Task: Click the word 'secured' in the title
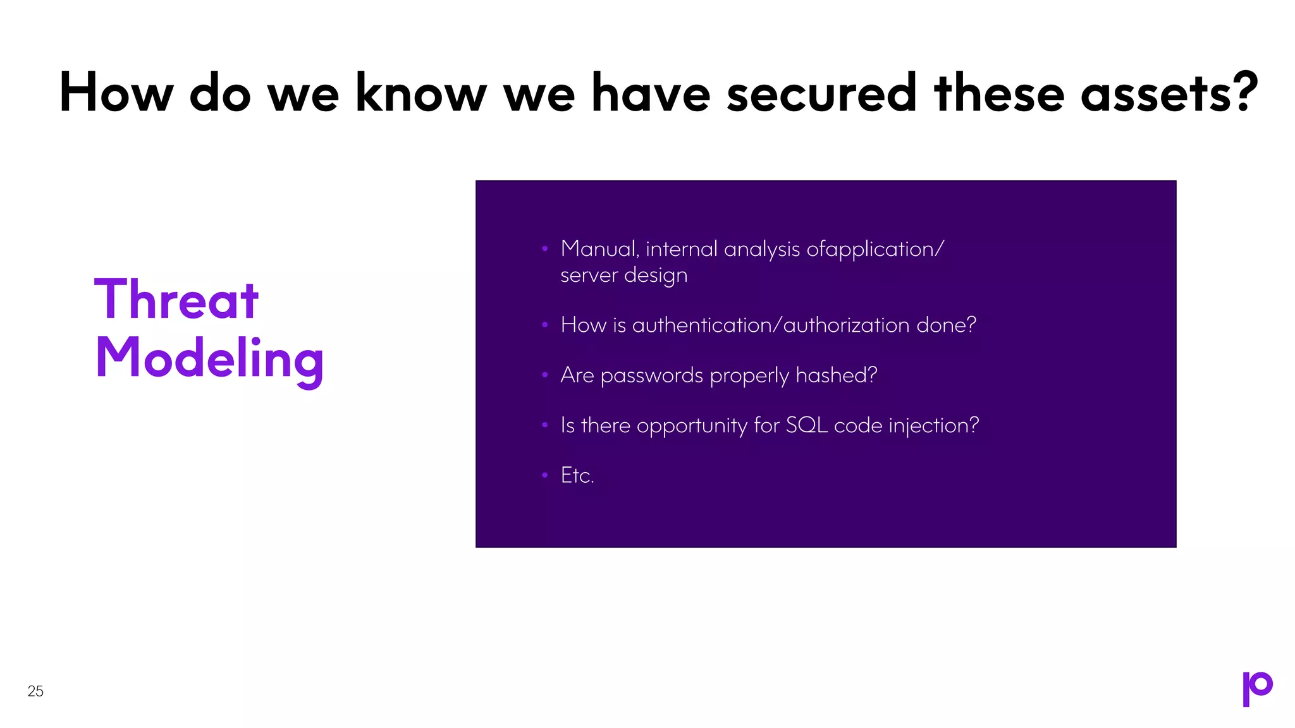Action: coord(821,93)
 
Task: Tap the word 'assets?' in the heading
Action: coord(1169,93)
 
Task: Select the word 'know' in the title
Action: coord(421,93)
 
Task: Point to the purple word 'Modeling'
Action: coord(209,358)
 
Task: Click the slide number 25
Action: coord(35,691)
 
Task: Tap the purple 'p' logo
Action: coord(1257,688)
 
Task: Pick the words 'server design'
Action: coord(623,276)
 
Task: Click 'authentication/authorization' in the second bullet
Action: coord(771,325)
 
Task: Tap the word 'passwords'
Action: coord(651,376)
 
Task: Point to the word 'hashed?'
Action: coord(836,375)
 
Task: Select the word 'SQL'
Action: coord(806,425)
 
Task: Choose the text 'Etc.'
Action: coord(577,475)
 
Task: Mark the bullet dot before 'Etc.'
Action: coord(544,475)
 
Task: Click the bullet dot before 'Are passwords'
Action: coord(544,375)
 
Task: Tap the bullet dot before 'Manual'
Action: coord(544,249)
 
